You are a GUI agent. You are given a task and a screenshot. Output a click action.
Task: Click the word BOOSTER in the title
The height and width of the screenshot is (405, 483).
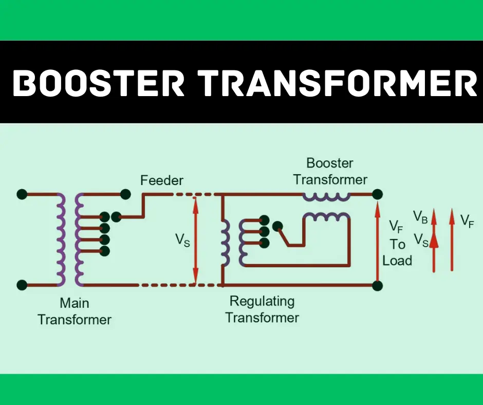98,83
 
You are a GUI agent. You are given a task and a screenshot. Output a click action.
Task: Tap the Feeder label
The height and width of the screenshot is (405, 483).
162,180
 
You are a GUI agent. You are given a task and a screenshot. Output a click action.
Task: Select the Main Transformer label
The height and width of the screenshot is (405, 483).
75,311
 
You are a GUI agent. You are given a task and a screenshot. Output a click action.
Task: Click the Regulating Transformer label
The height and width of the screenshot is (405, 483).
262,309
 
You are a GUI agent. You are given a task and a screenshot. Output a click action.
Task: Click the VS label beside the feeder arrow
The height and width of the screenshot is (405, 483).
182,240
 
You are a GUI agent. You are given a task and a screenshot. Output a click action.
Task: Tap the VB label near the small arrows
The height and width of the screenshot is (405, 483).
420,216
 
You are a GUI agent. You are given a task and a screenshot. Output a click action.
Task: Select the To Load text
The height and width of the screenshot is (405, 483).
397,252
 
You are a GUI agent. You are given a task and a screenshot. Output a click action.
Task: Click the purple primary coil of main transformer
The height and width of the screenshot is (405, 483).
60,240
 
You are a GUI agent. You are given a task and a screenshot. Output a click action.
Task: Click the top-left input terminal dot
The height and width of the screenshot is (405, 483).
22,194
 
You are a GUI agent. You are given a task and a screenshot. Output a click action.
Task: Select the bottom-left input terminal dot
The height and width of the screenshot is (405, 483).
22,284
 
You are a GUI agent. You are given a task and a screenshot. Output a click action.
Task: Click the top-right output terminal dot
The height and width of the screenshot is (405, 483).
377,194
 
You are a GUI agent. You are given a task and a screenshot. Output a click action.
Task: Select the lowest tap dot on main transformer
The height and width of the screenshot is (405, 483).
105,251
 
